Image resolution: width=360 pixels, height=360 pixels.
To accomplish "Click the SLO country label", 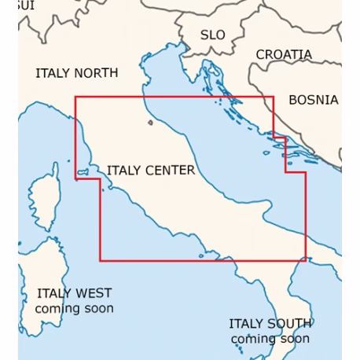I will pyautogui.click(x=212, y=35).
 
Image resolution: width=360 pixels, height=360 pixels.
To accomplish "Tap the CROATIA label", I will pyautogui.click(x=283, y=55).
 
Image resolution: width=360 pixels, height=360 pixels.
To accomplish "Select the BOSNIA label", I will pyautogui.click(x=313, y=100).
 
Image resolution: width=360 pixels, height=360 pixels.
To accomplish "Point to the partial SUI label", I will pyautogui.click(x=26, y=5).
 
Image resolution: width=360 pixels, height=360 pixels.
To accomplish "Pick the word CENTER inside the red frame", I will pyautogui.click(x=169, y=170).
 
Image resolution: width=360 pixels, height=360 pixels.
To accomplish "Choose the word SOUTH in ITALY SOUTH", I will pyautogui.click(x=290, y=323).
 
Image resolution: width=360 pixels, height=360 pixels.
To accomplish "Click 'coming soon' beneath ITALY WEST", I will pyautogui.click(x=74, y=308).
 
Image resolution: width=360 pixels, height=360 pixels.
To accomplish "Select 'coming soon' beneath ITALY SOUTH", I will pyautogui.click(x=270, y=339).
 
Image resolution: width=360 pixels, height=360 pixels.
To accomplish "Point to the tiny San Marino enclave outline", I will pyautogui.click(x=149, y=122).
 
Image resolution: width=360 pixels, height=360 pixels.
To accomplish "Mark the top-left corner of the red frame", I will pyautogui.click(x=75, y=97).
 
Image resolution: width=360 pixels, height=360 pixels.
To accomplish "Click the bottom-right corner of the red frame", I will pyautogui.click(x=306, y=260).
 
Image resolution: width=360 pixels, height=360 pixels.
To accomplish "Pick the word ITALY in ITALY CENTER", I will pyautogui.click(x=123, y=170).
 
